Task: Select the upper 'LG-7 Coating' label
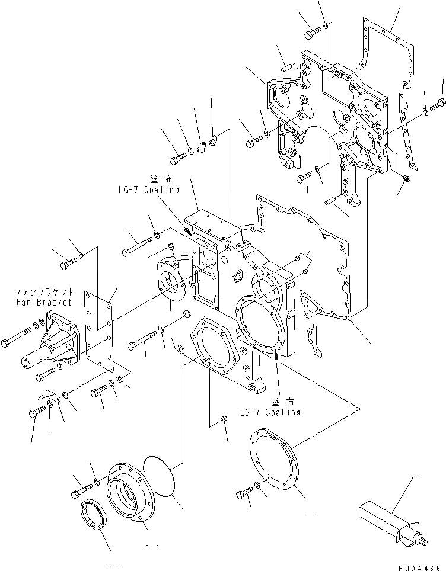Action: click(x=148, y=190)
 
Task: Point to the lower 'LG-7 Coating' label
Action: click(x=270, y=412)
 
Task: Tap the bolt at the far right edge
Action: click(x=437, y=105)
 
